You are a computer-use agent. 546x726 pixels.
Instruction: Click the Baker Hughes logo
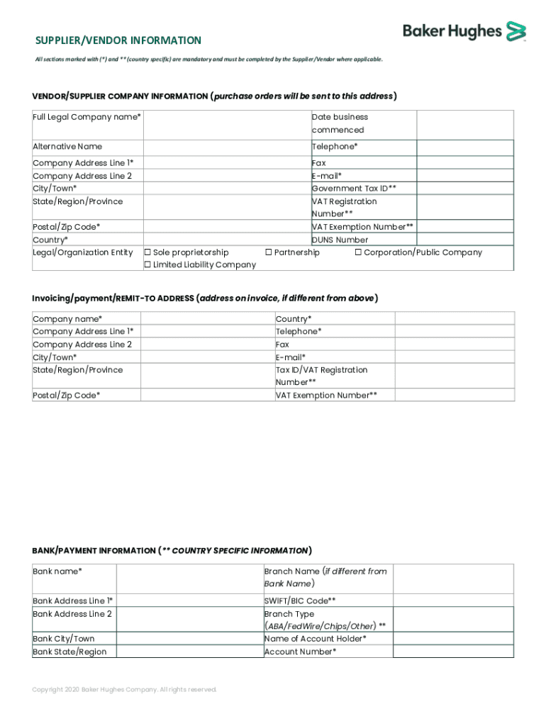pyautogui.click(x=464, y=31)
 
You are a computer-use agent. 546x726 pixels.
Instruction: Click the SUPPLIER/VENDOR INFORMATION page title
pyautogui.click(x=118, y=40)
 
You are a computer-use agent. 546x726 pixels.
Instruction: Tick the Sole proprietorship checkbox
pyautogui.click(x=147, y=252)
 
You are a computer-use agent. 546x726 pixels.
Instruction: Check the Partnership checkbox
pyautogui.click(x=269, y=252)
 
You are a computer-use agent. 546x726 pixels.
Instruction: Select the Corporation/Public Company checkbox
pyautogui.click(x=358, y=252)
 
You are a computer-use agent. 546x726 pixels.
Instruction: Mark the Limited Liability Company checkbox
pyautogui.click(x=147, y=265)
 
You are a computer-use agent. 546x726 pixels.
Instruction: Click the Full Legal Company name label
pyautogui.click(x=87, y=117)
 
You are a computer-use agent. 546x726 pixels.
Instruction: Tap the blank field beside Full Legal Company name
pyautogui.click(x=226, y=123)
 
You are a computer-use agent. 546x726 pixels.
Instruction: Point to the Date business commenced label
pyautogui.click(x=340, y=123)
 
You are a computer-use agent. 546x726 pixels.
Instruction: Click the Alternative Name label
pyautogui.click(x=67, y=147)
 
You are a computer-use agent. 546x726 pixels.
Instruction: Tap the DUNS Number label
pyautogui.click(x=340, y=240)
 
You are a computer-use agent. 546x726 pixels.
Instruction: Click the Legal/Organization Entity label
pyautogui.click(x=82, y=252)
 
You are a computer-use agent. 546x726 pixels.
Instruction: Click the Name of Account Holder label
pyautogui.click(x=315, y=639)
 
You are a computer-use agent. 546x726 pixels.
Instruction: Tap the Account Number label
pyautogui.click(x=300, y=652)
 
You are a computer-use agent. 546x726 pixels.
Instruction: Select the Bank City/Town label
pyautogui.click(x=63, y=639)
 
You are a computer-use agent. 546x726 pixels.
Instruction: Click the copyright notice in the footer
pyautogui.click(x=125, y=690)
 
